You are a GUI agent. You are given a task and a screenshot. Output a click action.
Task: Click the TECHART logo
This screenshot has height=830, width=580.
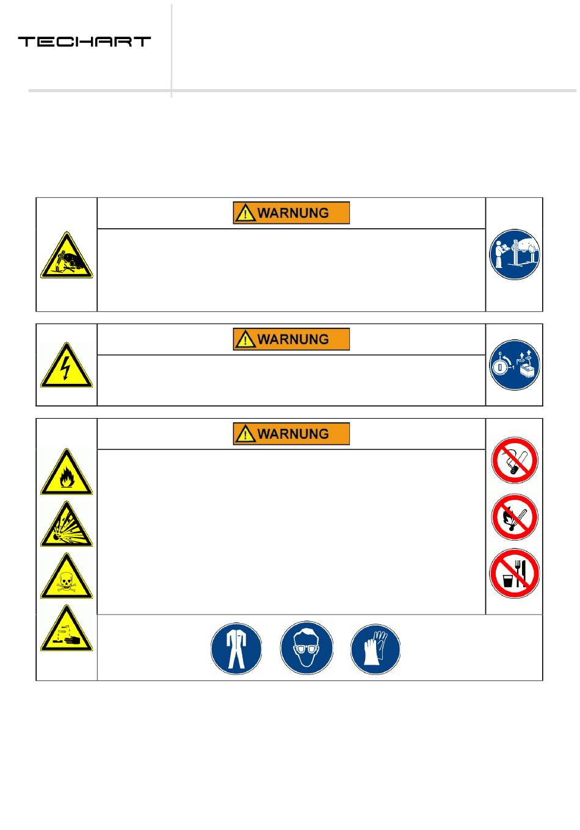[84, 41]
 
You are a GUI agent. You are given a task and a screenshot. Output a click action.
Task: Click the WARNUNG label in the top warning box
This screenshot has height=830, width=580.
[291, 213]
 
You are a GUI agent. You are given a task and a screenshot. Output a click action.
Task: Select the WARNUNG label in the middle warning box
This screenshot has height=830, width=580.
[291, 339]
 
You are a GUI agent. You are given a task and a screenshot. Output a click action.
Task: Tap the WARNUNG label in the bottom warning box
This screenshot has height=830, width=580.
[291, 434]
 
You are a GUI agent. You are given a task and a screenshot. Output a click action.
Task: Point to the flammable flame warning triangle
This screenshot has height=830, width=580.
[67, 473]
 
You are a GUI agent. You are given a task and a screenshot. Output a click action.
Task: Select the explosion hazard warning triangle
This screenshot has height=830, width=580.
[67, 525]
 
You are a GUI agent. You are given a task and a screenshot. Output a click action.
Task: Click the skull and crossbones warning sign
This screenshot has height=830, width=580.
[67, 578]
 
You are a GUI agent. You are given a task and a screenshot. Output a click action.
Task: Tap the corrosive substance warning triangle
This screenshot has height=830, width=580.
[67, 630]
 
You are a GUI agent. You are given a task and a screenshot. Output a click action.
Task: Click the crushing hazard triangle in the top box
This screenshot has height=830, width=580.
[67, 257]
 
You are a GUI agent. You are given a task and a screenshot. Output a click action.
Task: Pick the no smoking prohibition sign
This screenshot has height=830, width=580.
[515, 460]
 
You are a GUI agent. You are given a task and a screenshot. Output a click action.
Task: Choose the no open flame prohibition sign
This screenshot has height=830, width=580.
[515, 517]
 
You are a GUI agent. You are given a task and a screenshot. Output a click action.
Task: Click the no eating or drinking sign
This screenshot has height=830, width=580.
[515, 574]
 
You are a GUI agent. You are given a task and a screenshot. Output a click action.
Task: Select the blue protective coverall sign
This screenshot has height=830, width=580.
[236, 648]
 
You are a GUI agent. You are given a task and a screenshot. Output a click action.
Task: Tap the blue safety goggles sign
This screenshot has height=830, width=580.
[306, 648]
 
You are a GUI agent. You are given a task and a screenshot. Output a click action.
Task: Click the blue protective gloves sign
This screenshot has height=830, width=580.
[375, 648]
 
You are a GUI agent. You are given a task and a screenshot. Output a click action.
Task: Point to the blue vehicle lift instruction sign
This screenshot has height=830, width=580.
[515, 254]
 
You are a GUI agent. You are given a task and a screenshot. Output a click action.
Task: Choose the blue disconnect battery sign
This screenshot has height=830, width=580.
[515, 366]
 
